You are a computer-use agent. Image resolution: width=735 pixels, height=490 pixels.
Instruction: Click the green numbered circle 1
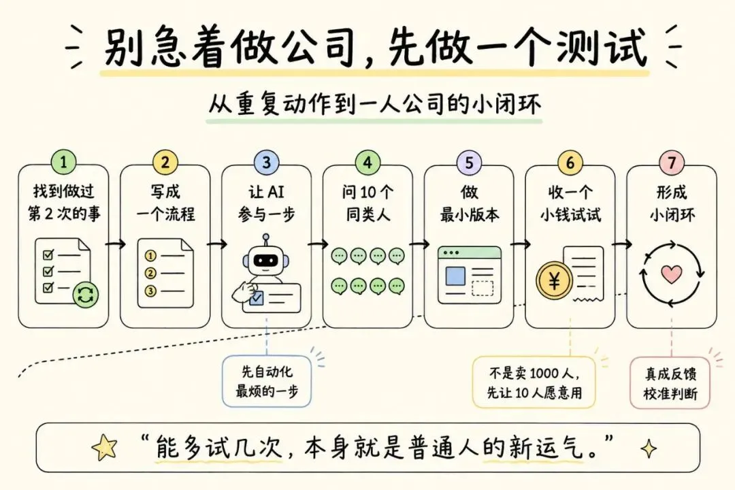[x=63, y=162]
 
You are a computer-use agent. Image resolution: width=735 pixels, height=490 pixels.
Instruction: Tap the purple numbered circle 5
[x=469, y=162]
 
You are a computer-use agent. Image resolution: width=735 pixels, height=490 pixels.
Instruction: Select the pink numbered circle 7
[x=672, y=162]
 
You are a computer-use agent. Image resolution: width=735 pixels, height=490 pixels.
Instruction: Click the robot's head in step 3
[x=266, y=259]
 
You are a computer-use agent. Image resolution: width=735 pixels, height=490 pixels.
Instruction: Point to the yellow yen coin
[x=554, y=280]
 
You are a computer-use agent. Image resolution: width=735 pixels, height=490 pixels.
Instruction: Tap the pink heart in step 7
[x=671, y=274]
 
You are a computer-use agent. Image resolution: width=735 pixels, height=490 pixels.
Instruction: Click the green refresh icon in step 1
[x=86, y=295]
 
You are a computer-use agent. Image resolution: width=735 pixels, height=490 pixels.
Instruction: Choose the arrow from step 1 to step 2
[x=115, y=244]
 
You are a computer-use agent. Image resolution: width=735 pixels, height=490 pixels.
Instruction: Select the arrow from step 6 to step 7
[x=621, y=244]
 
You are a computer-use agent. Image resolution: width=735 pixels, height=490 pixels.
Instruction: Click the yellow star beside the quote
[x=105, y=447]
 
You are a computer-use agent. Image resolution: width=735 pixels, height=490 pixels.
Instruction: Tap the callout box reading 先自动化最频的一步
[x=266, y=380]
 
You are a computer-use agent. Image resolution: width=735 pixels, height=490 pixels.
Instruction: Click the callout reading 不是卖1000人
[x=534, y=382]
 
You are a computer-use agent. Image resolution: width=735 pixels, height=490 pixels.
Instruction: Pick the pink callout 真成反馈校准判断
[x=670, y=383]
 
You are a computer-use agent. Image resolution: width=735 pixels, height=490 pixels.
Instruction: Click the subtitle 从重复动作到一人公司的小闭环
[x=374, y=104]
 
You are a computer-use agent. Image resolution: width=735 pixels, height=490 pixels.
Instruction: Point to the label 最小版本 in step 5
[x=469, y=214]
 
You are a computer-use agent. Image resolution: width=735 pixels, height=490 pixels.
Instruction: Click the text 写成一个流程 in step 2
[x=165, y=203]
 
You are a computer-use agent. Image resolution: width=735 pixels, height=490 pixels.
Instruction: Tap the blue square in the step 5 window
[x=455, y=276]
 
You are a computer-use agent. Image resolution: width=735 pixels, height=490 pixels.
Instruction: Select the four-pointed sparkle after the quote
[x=649, y=448]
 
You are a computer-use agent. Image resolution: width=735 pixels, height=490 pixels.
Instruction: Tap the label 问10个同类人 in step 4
[x=368, y=203]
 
